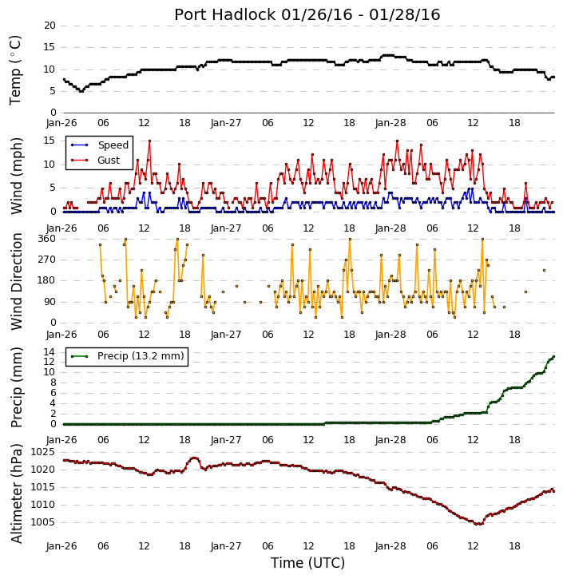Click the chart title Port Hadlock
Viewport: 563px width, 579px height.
pyautogui.click(x=225, y=14)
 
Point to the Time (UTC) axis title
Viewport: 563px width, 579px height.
pyautogui.click(x=307, y=563)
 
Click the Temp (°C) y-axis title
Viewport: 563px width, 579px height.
pyautogui.click(x=15, y=70)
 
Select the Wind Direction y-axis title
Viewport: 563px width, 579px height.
pyautogui.click(x=16, y=281)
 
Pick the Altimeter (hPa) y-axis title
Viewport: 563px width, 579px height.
pyautogui.click(x=16, y=494)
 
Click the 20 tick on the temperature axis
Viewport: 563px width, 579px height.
pyautogui.click(x=50, y=26)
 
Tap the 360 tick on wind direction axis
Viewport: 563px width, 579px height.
pyautogui.click(x=46, y=239)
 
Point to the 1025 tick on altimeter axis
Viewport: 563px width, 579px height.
pyautogui.click(x=43, y=452)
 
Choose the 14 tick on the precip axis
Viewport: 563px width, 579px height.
pyautogui.click(x=50, y=352)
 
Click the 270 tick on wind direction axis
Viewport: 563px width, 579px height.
pyautogui.click(x=46, y=260)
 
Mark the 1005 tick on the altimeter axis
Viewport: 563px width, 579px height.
pyautogui.click(x=43, y=522)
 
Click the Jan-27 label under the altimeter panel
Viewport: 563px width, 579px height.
pyautogui.click(x=226, y=546)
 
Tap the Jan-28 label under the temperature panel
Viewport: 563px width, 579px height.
pyautogui.click(x=391, y=123)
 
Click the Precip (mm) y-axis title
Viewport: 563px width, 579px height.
pyautogui.click(x=16, y=387)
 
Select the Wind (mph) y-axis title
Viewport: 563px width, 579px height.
pyautogui.click(x=16, y=176)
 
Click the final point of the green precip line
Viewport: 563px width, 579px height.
pyautogui.click(x=553, y=357)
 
